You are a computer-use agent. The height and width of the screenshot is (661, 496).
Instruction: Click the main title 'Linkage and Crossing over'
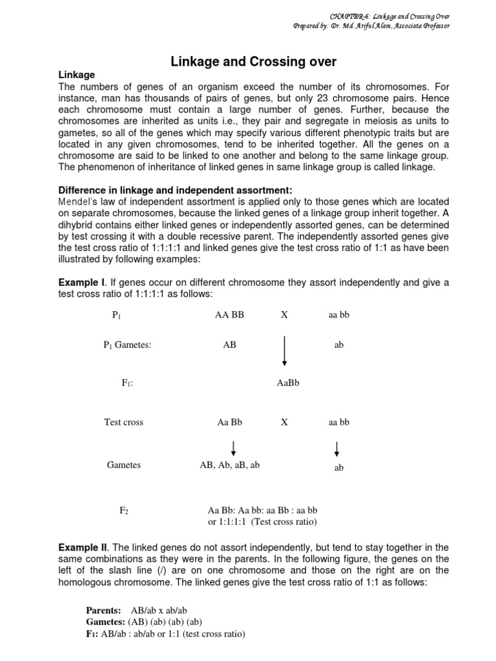tap(253, 62)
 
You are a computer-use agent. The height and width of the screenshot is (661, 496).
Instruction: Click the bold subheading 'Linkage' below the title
tap(77, 76)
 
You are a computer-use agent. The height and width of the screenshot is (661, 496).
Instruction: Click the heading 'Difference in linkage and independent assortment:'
tap(176, 190)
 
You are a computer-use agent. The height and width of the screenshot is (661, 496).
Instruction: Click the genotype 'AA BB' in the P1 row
tap(229, 314)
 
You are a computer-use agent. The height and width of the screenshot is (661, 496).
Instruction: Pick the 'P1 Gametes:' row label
tap(127, 345)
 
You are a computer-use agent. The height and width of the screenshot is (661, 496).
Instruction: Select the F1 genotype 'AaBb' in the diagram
tap(288, 383)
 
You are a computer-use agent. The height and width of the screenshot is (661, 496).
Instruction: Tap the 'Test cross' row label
tap(123, 422)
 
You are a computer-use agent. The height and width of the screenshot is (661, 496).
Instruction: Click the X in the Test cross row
tap(284, 422)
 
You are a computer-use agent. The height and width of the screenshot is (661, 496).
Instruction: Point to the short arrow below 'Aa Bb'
tap(233, 448)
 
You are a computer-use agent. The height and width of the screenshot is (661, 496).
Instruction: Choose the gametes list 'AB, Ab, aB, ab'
tap(229, 465)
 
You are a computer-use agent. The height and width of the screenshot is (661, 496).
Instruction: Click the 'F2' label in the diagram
tap(124, 511)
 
